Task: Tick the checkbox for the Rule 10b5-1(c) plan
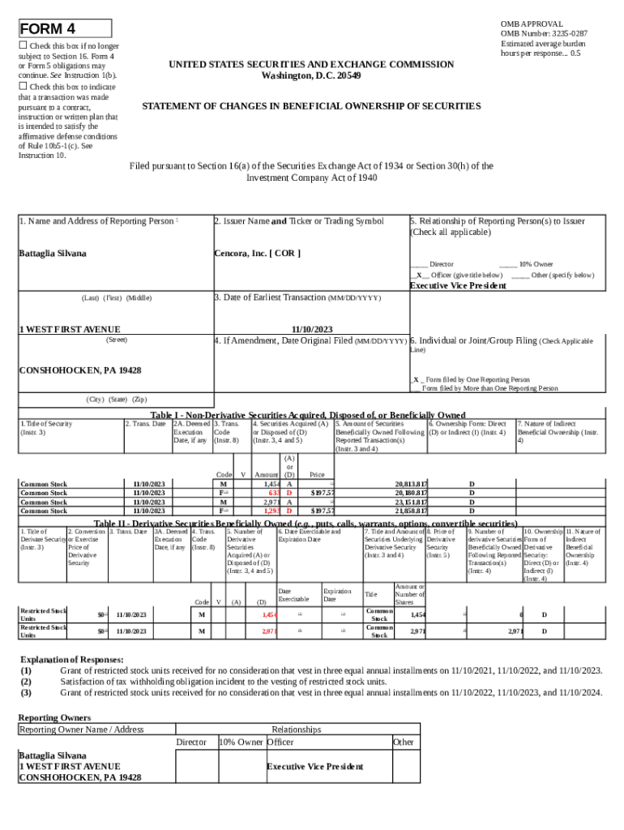pos(24,86)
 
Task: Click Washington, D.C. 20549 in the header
pos(311,75)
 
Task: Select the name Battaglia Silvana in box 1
pos(53,254)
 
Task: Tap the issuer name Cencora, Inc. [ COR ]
pos(257,254)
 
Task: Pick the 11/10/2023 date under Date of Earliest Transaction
pos(311,329)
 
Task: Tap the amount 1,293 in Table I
pos(271,511)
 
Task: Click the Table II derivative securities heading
pos(306,523)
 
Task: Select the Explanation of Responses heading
pos(72,660)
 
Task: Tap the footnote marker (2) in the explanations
pos(27,682)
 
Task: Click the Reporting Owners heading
pos(54,718)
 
